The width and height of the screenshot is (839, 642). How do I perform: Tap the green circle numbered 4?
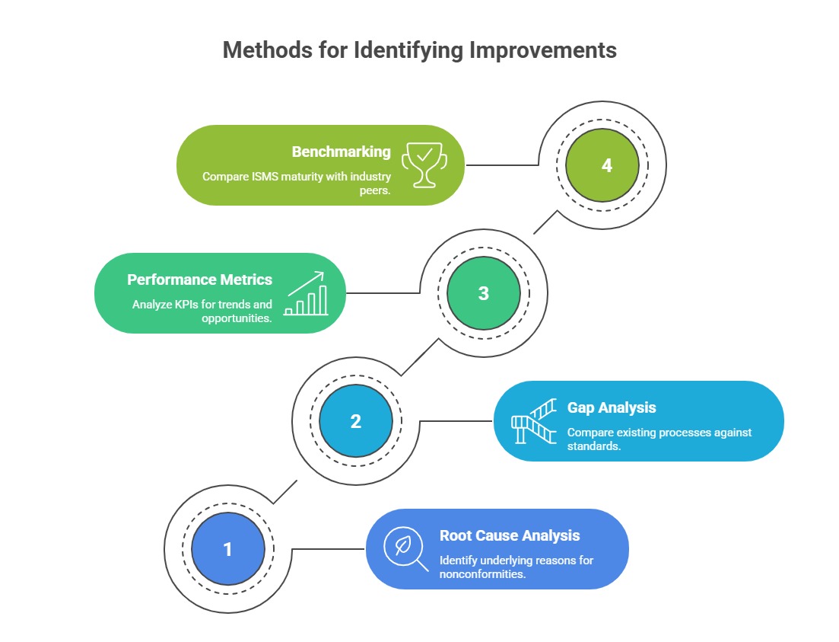(x=606, y=165)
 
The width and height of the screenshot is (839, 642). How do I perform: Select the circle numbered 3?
(x=484, y=293)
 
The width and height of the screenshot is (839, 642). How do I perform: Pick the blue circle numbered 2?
(x=356, y=421)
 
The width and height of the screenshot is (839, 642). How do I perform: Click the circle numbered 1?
(x=227, y=549)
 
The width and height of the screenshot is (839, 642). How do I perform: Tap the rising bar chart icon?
(x=306, y=293)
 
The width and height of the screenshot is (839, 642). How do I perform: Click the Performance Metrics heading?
(x=199, y=279)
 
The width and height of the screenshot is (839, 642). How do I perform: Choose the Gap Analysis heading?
(x=612, y=407)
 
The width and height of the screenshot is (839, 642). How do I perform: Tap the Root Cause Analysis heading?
(x=510, y=535)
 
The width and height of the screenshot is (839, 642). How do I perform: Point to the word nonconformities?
(x=482, y=573)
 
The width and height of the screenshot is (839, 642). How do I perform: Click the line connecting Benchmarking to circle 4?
(x=502, y=164)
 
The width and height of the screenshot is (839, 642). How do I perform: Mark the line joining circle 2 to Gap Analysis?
(x=456, y=421)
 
